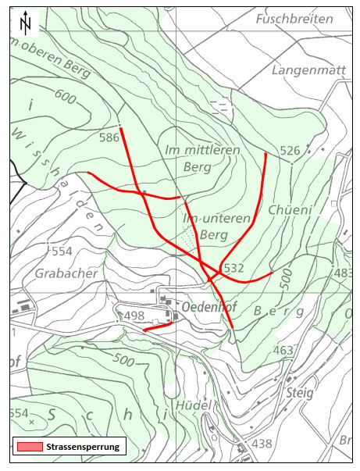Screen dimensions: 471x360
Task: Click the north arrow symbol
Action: [27, 23]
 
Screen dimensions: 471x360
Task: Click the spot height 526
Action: [290, 150]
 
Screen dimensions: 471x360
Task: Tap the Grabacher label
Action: [66, 273]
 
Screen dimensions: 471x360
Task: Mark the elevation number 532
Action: [234, 268]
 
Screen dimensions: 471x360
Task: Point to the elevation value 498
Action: [134, 316]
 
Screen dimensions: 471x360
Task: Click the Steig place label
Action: [299, 393]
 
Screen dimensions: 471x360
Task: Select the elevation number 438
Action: [262, 444]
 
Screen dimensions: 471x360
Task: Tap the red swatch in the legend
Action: [28, 447]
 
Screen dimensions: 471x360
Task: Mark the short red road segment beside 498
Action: [155, 328]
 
